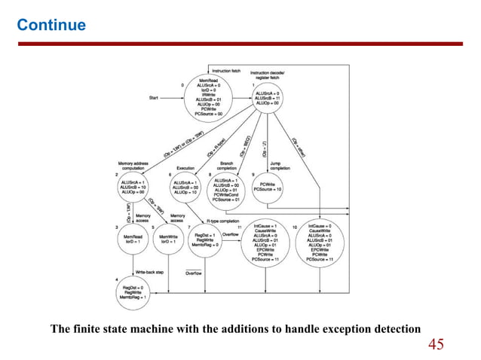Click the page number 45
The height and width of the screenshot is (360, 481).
point(437,345)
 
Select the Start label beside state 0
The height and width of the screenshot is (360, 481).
point(154,97)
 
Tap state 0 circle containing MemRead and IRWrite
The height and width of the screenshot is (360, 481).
point(209,96)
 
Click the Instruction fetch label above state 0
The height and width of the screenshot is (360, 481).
point(226,70)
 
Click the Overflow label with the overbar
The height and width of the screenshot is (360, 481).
point(194,273)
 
